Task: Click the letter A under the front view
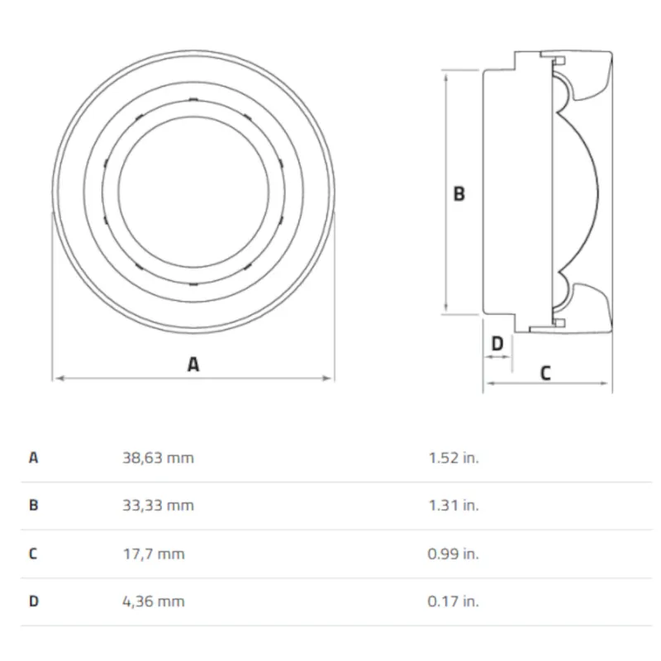(x=193, y=364)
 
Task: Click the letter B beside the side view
(x=459, y=193)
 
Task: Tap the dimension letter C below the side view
(x=545, y=373)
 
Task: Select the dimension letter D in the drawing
(x=497, y=343)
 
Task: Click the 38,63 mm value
(x=158, y=458)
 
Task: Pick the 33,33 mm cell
(x=158, y=505)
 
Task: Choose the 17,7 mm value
(x=154, y=554)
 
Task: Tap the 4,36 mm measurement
(x=154, y=602)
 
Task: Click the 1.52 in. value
(x=454, y=458)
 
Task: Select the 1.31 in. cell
(x=454, y=505)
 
